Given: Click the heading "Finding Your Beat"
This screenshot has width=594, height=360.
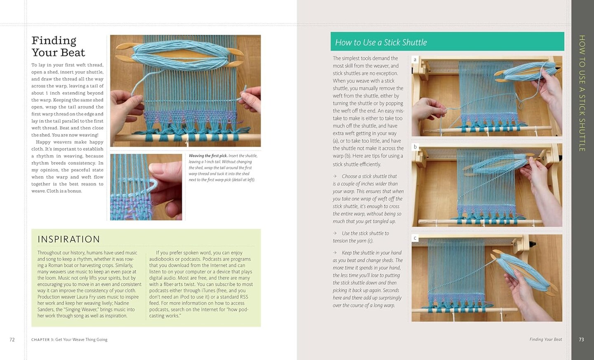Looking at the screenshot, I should [58, 47].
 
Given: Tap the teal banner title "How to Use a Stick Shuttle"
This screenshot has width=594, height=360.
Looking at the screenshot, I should [381, 42].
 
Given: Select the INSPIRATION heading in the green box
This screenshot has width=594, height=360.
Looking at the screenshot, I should [68, 239].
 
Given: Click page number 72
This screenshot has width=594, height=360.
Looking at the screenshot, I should [12, 340].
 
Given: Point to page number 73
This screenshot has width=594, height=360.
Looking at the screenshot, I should [581, 340].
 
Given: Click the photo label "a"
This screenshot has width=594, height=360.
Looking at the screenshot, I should [415, 60].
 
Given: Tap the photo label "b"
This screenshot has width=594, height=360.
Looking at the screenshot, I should [415, 147].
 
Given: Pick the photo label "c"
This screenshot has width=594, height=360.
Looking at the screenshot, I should [415, 238].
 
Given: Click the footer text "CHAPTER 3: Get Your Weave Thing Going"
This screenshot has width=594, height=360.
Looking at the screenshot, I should [69, 340].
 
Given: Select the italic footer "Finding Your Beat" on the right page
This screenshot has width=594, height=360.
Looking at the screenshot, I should [545, 339].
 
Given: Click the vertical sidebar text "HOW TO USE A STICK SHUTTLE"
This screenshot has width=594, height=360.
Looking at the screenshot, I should [582, 93].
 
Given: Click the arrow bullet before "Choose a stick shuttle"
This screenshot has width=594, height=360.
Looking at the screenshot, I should [335, 176].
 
